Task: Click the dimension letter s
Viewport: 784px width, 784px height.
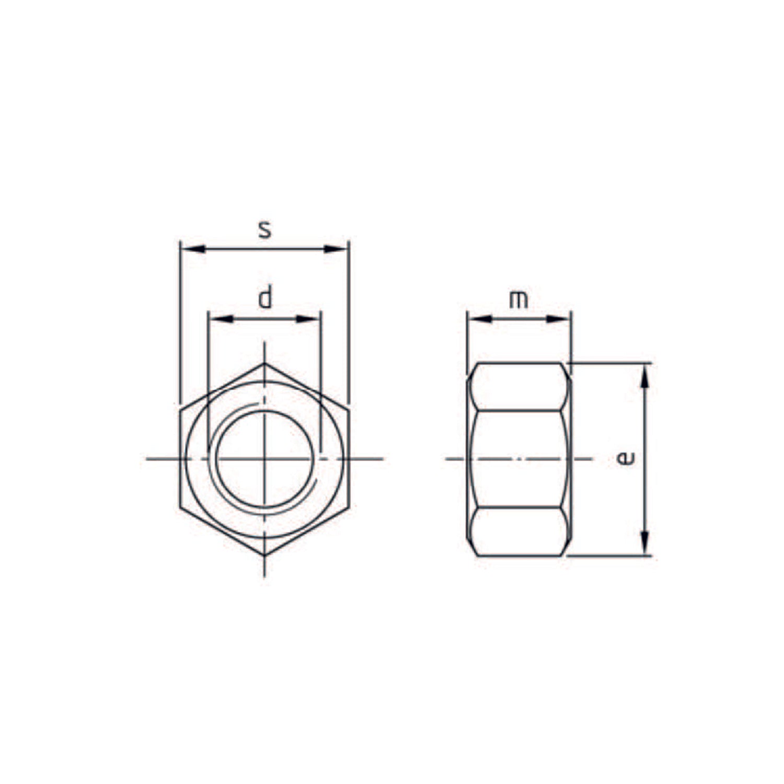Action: (x=265, y=230)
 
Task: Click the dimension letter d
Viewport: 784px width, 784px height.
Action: (x=266, y=297)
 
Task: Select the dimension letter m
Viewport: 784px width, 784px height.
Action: (x=518, y=300)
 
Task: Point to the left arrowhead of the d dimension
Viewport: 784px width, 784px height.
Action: (x=220, y=319)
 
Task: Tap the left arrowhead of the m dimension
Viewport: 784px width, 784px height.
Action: (x=479, y=319)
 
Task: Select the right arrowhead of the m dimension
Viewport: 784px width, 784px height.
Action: (x=558, y=319)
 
